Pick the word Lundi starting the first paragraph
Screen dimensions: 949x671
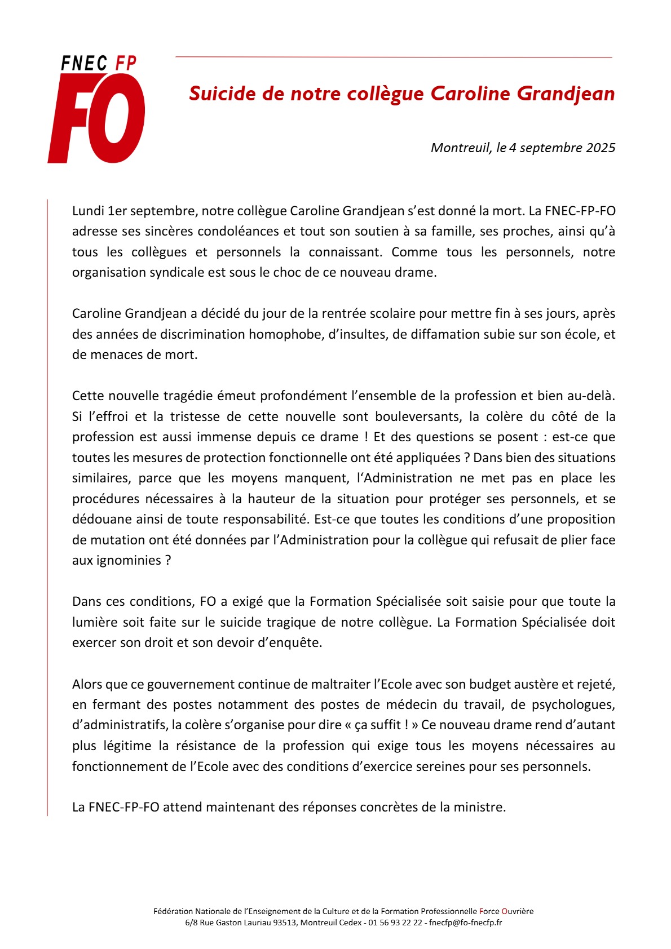pyautogui.click(x=88, y=211)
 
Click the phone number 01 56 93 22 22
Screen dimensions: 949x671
pyautogui.click(x=395, y=923)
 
